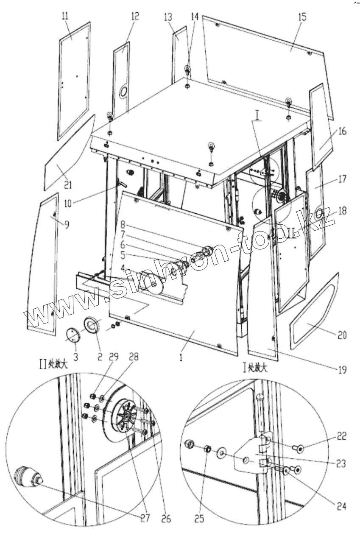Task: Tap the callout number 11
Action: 66,17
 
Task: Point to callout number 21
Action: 68,184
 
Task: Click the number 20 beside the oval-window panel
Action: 342,335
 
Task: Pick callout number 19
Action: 342,370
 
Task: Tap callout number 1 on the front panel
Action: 181,358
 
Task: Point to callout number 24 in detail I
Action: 341,505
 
